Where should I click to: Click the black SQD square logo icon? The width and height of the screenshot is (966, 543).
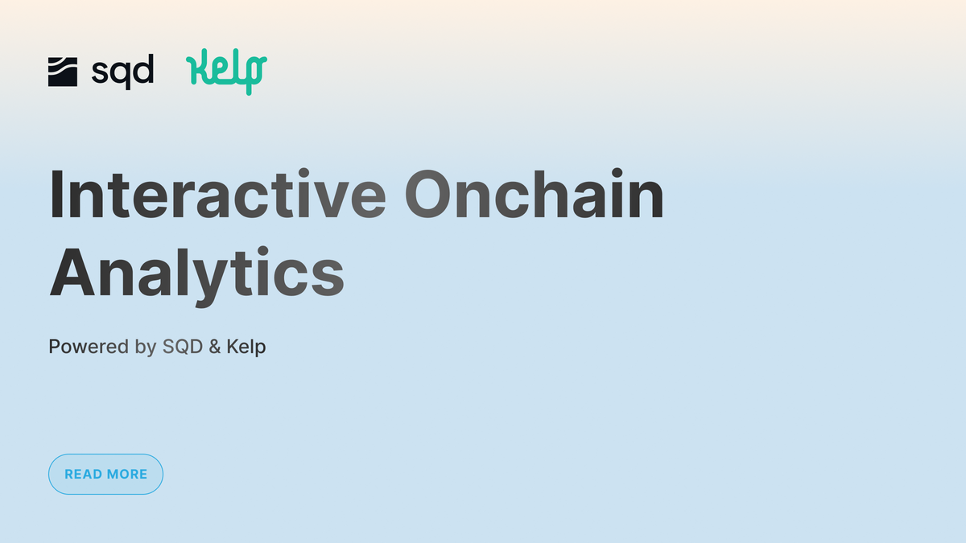coord(63,72)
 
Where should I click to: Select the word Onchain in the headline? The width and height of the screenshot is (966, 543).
coord(534,194)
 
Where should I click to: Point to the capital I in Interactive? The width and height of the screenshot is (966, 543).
coord(57,194)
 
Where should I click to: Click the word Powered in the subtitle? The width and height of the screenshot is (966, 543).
coord(89,347)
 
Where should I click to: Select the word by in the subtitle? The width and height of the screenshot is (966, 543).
coord(146,348)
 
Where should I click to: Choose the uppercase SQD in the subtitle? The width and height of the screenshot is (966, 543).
coord(183,347)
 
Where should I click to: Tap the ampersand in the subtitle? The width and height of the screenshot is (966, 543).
coord(215,347)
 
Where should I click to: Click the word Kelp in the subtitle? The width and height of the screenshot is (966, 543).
coord(246,347)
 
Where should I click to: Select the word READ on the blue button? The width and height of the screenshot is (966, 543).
coord(82,474)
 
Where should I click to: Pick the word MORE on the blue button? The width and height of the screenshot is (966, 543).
coord(127,474)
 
